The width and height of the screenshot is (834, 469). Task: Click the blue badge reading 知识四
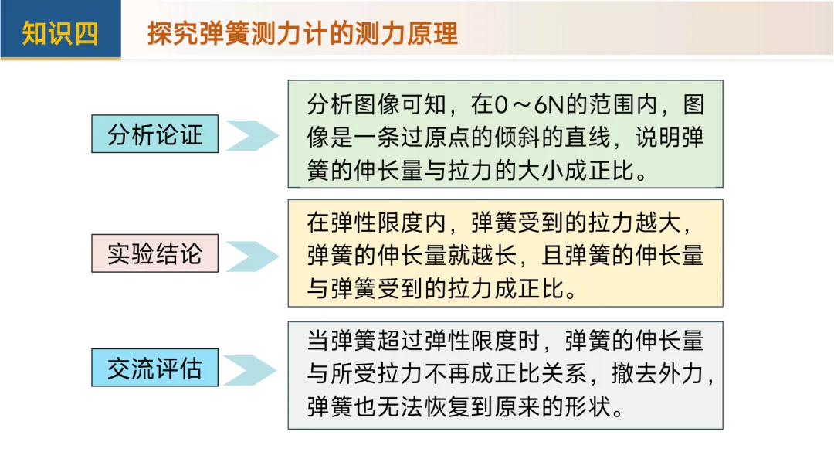(60, 33)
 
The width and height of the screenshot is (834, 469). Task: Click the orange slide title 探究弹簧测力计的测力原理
(302, 33)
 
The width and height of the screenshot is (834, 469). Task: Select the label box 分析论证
(154, 134)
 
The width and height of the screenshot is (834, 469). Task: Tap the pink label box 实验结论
(154, 253)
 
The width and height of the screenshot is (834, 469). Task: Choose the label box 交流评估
(154, 368)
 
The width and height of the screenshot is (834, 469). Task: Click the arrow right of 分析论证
(251, 135)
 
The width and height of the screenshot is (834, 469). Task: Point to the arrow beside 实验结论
(251, 256)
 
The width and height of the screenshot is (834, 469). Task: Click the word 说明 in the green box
(655, 138)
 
